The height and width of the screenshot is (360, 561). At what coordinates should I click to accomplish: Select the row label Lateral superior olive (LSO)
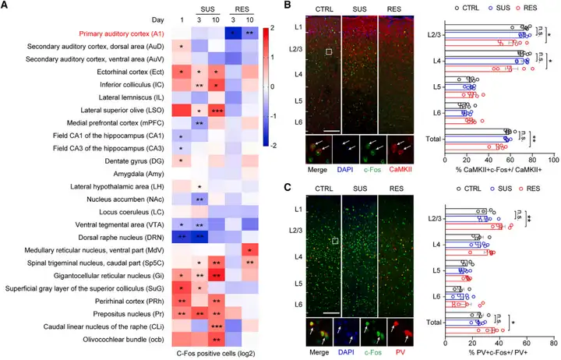118,110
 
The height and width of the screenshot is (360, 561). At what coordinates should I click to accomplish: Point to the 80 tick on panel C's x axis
552,341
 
